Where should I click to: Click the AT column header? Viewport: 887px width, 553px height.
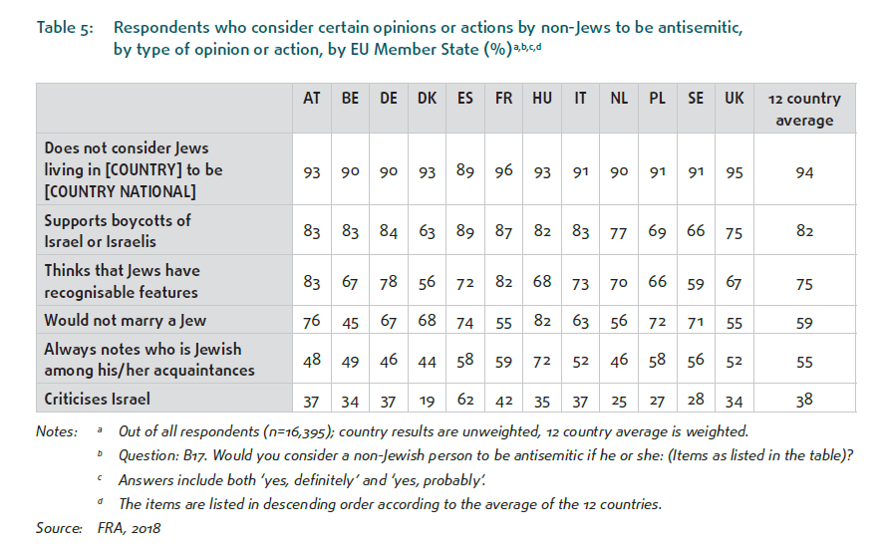point(312,99)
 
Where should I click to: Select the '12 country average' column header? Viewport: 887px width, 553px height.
point(804,109)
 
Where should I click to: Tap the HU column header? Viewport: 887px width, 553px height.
point(542,99)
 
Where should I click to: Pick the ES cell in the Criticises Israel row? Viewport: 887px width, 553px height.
point(465,399)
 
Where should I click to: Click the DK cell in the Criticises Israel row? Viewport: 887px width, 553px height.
point(427,399)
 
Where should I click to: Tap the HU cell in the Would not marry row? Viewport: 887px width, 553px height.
point(542,320)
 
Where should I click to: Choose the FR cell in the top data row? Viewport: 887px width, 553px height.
point(503,170)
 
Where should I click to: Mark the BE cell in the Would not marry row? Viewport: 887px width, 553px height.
point(350,320)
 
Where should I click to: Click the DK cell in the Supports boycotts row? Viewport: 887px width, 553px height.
point(427,231)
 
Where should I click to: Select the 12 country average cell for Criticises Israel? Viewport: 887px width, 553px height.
point(804,399)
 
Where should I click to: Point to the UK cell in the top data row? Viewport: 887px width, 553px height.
point(734,170)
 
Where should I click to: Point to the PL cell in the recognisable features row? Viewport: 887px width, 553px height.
point(657,282)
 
